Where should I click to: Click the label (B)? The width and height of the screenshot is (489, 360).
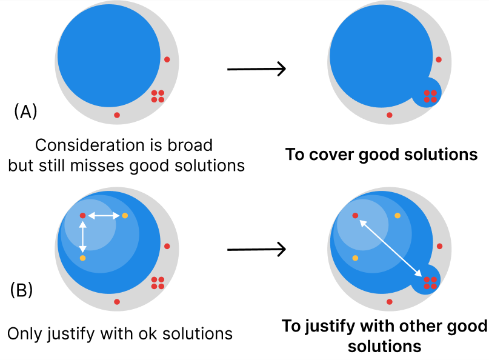[22, 290]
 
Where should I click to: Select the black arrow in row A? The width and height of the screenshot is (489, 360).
[256, 69]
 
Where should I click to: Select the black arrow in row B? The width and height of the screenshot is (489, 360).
[256, 248]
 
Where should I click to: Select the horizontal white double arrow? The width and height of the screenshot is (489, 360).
[104, 215]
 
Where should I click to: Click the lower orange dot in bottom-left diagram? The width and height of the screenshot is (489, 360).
[83, 258]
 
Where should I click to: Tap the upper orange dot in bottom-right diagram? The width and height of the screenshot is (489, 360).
[397, 215]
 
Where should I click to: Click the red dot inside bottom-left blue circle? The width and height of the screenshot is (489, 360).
[83, 215]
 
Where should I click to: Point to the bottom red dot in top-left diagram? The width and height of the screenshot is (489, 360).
[117, 115]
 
